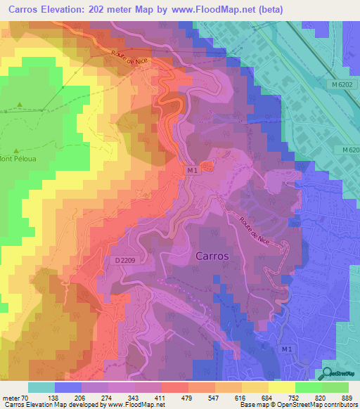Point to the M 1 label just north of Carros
coord(193,170)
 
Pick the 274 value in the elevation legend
coord(108,398)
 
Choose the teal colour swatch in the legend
coord(41,387)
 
